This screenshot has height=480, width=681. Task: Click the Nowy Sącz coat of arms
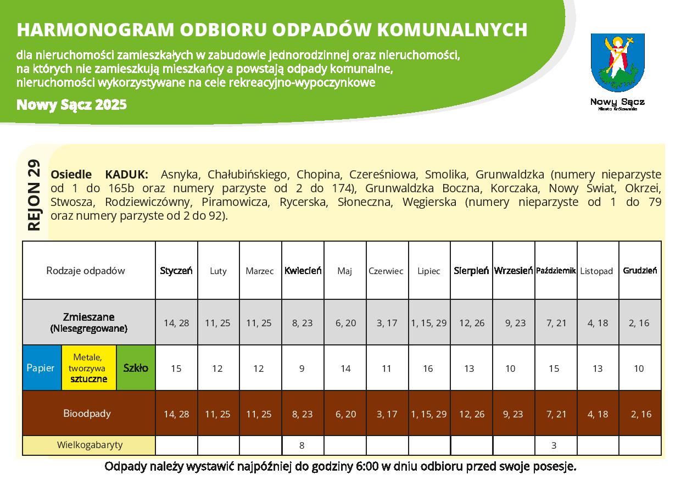pyautogui.click(x=617, y=62)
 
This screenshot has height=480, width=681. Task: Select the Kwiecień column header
pyautogui.click(x=303, y=271)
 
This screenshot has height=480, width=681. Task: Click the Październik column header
pyautogui.click(x=556, y=271)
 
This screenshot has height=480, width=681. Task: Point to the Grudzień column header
pyautogui.click(x=640, y=271)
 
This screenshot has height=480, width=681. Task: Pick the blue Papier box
pyautogui.click(x=41, y=368)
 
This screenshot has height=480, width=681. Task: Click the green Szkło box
pyautogui.click(x=136, y=368)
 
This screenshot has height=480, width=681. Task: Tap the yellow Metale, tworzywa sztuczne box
pyautogui.click(x=88, y=368)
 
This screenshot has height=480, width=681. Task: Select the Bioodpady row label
pyautogui.click(x=87, y=414)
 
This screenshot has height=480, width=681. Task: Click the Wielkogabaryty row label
pyautogui.click(x=90, y=445)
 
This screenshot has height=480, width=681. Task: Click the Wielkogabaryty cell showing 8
pyautogui.click(x=302, y=445)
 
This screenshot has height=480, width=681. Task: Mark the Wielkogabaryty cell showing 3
pyautogui.click(x=554, y=445)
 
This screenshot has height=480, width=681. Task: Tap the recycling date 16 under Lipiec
pyautogui.click(x=428, y=369)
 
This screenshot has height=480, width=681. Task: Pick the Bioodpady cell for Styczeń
pyautogui.click(x=176, y=414)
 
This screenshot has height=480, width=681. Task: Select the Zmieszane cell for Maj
pyautogui.click(x=345, y=323)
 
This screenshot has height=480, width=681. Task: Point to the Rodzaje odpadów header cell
pyautogui.click(x=86, y=270)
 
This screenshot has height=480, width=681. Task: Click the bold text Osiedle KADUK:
pyautogui.click(x=99, y=175)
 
